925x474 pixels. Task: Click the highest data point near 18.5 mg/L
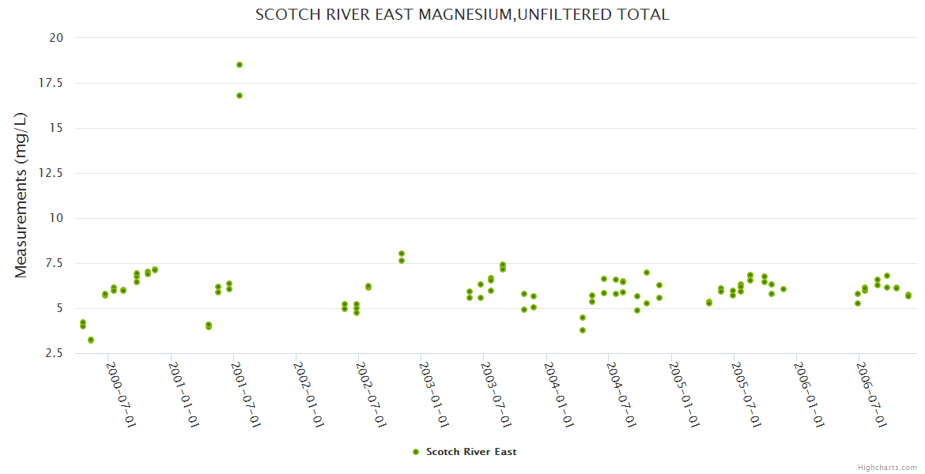tap(240, 65)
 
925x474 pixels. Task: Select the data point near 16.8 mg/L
tap(240, 96)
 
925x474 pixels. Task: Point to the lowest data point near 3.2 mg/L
tap(91, 340)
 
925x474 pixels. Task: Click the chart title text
tap(462, 14)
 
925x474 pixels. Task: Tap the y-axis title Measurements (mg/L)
tap(21, 195)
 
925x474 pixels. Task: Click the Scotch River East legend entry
tap(470, 452)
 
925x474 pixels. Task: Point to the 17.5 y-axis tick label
tap(52, 83)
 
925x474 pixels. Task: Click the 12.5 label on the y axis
tap(52, 173)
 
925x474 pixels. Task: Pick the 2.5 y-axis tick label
tap(55, 353)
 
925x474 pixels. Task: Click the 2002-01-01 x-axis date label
tap(309, 395)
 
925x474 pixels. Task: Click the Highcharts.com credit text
tap(887, 467)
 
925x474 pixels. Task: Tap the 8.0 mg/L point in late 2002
tap(402, 254)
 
